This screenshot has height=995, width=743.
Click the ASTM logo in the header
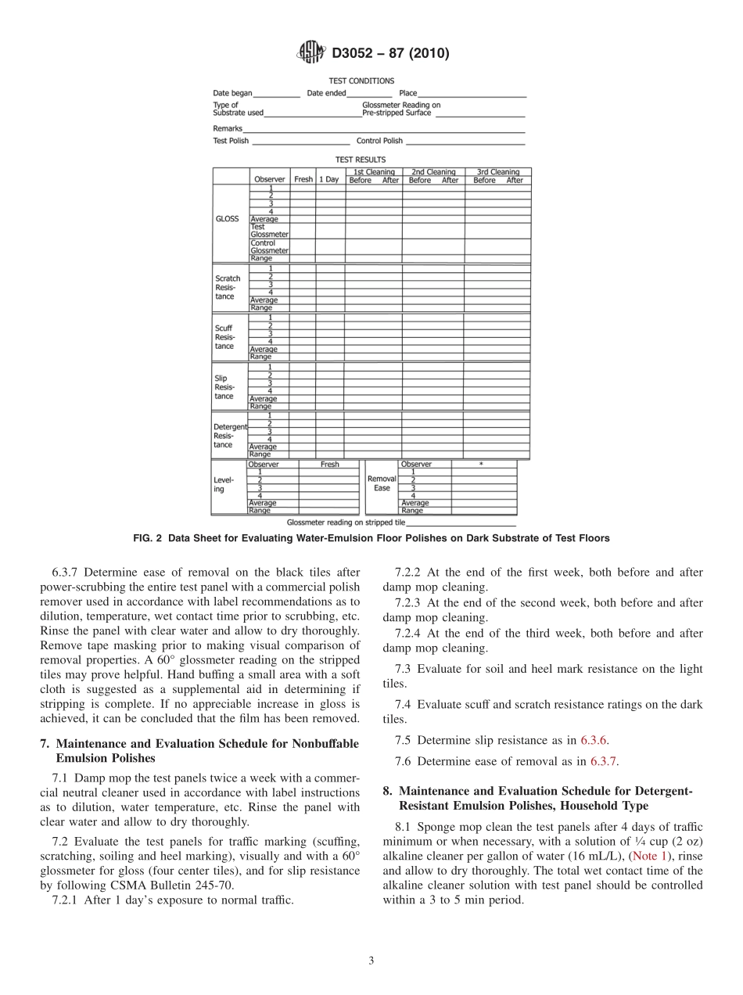point(310,53)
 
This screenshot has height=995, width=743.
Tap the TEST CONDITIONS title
point(361,81)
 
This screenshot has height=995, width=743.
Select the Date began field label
point(232,93)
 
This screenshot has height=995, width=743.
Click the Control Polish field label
point(379,141)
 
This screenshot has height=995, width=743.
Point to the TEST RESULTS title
point(361,160)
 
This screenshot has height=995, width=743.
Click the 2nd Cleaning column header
point(433,172)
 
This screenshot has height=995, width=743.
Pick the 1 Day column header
point(328,180)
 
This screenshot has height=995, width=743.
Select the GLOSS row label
point(227,219)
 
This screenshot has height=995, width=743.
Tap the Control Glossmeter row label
point(269,246)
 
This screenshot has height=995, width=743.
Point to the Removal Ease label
point(382,483)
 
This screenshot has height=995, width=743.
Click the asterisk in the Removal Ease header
point(481,464)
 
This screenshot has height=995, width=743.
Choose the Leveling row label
point(223,485)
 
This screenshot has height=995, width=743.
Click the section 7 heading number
point(44,744)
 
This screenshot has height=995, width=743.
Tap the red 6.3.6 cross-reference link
point(594,739)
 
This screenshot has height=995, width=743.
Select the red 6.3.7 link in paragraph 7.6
point(605,760)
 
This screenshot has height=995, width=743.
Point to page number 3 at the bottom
point(371,961)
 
